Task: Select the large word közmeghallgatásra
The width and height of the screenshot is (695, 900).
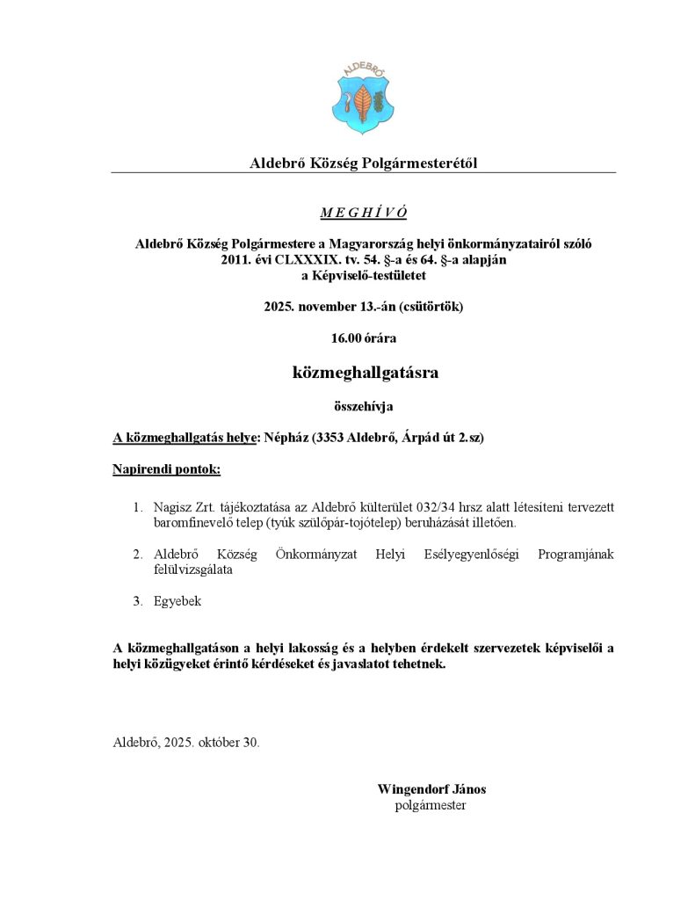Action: [x=365, y=373]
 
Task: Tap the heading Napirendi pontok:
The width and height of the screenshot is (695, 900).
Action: [x=167, y=469]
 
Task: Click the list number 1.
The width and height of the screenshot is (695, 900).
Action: [x=137, y=508]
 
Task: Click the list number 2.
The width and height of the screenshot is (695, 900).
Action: [x=137, y=555]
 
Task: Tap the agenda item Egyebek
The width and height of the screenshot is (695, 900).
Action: [x=177, y=601]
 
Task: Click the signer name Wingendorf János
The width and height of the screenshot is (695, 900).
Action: [x=431, y=789]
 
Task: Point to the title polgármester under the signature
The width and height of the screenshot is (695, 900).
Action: [x=431, y=805]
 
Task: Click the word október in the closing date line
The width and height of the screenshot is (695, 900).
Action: [x=219, y=742]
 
